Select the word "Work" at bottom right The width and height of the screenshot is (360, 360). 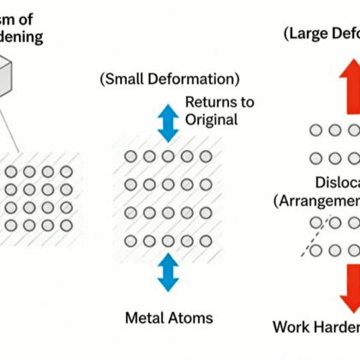coord(291,327)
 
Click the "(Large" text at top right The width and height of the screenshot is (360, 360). coord(303,33)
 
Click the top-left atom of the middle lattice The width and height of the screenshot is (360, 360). coord(130,157)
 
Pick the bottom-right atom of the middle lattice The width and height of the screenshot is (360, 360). coord(207,240)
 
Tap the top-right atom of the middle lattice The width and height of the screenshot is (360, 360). coord(207,157)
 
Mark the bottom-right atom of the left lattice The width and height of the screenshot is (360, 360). coord(65,225)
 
